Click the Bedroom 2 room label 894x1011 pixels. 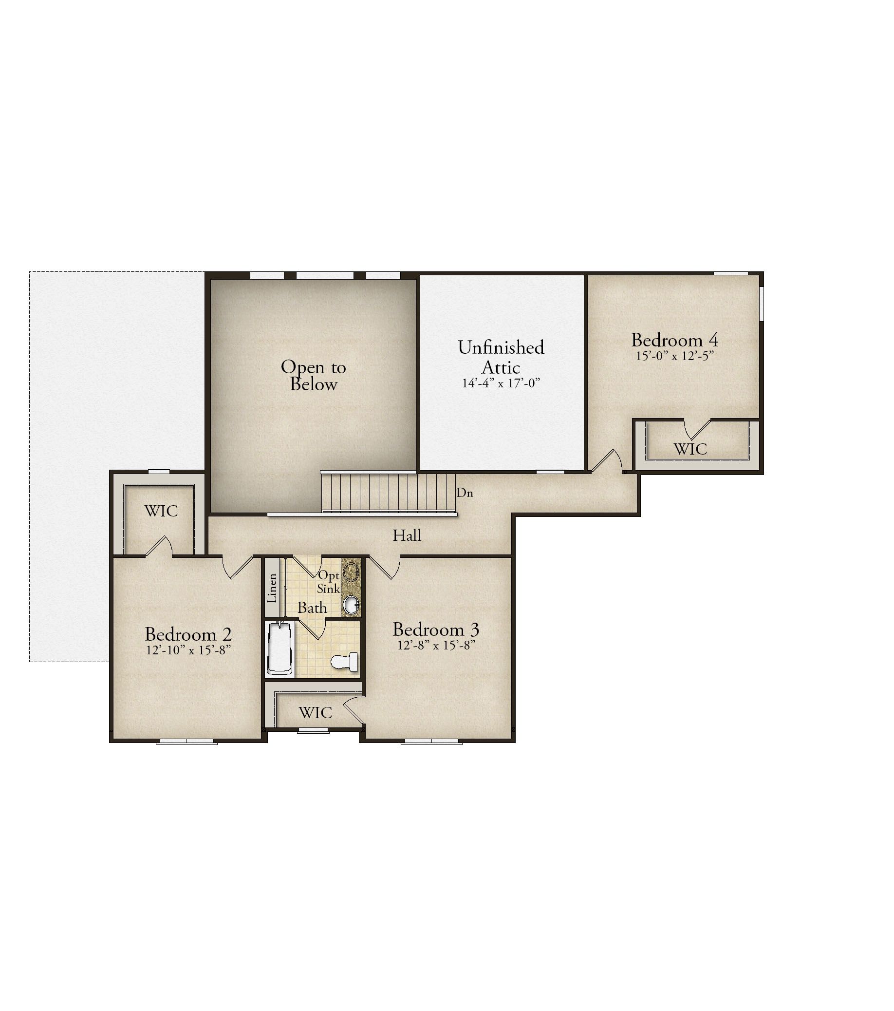tap(188, 634)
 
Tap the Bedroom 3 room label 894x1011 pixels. tap(436, 629)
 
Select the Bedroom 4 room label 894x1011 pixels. tap(674, 340)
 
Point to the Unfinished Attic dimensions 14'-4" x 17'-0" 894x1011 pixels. tap(501, 383)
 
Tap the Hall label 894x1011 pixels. tap(407, 535)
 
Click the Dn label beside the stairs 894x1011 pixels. tap(465, 493)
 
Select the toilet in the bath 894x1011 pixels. tap(344, 662)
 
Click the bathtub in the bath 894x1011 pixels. tap(279, 649)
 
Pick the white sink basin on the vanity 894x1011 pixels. tap(351, 605)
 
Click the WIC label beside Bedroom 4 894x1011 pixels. tap(690, 449)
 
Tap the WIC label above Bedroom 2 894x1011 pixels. tap(161, 511)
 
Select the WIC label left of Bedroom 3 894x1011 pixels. tap(316, 713)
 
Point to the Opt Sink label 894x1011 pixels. tap(329, 582)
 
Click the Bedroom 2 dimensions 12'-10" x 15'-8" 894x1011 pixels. tap(188, 650)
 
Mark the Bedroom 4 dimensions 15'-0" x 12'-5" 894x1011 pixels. tap(674, 356)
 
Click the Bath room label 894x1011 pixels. tap(312, 608)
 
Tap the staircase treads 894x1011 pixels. tap(389, 493)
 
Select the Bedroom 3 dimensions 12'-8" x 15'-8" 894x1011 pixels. tap(436, 645)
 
